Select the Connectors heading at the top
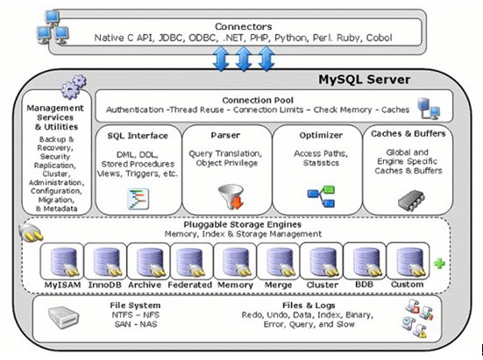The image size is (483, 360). click(x=245, y=27)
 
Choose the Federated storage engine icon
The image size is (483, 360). click(x=190, y=260)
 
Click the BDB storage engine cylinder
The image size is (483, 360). click(x=365, y=260)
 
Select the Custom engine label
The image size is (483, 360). click(x=407, y=285)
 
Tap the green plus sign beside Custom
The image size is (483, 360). click(x=438, y=263)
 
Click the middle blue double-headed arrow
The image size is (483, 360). click(x=245, y=60)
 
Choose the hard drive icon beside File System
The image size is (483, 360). click(x=69, y=316)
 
